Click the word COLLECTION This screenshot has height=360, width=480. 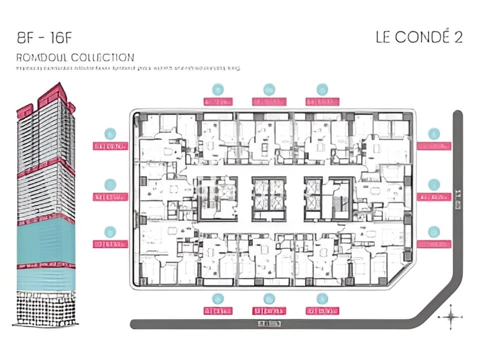coord(102,57)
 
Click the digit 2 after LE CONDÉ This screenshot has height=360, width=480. coord(458,38)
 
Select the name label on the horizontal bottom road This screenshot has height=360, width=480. coord(269,323)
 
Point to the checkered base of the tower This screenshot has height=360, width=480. coord(46,307)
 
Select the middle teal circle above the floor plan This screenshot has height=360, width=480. coord(269,89)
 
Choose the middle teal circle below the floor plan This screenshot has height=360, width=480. coord(269,298)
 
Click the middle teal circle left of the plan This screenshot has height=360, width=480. coord(110,184)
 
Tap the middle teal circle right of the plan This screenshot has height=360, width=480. coord(433,184)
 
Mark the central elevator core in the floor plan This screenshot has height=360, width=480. coord(269,198)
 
